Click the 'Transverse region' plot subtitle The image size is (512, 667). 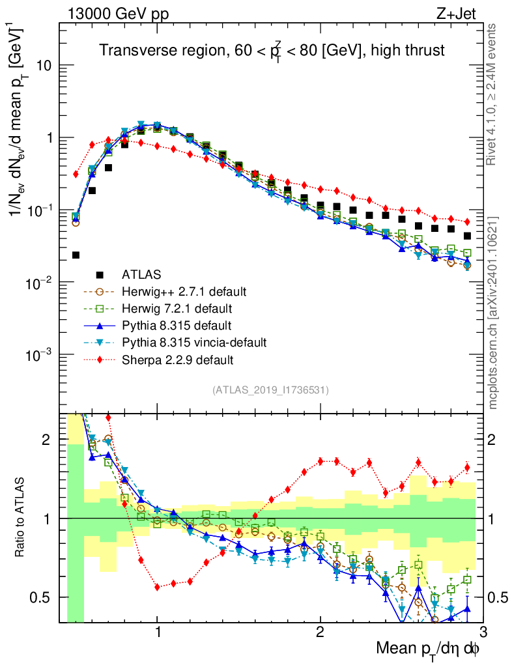[x=272, y=51]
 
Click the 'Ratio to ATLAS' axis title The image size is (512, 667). [x=21, y=518]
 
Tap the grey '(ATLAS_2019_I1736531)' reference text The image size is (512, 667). [x=270, y=390]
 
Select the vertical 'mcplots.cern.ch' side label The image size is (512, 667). [x=493, y=313]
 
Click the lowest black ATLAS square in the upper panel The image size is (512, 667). [x=76, y=255]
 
